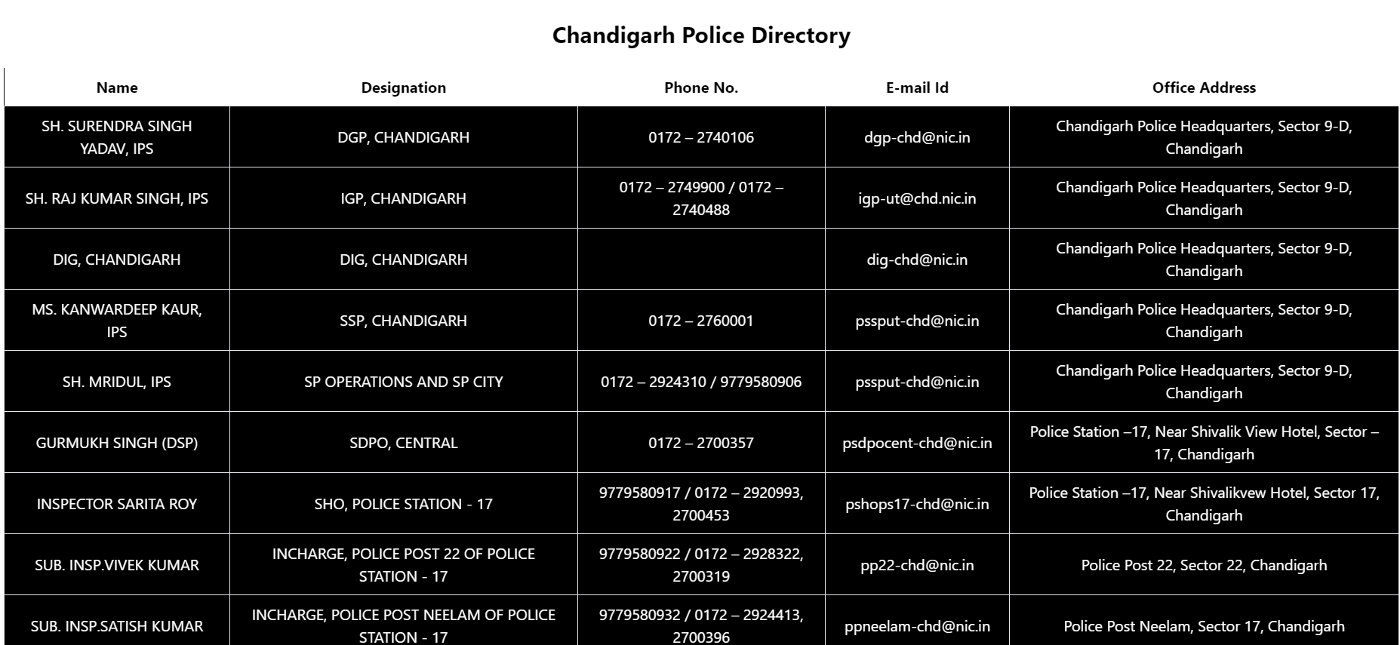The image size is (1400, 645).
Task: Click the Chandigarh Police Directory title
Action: tap(700, 35)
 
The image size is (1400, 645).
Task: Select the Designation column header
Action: tap(403, 88)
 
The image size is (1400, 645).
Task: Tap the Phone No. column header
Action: tap(700, 88)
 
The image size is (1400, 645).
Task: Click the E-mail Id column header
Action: tap(917, 88)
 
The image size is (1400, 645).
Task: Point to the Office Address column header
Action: tap(1204, 88)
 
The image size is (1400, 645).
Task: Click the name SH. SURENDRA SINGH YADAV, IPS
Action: tap(117, 137)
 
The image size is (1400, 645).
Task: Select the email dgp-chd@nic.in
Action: tap(917, 137)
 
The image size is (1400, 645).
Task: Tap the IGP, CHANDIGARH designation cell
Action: tap(403, 198)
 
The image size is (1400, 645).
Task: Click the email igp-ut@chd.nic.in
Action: tap(917, 198)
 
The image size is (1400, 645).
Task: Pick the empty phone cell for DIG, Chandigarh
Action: tap(700, 260)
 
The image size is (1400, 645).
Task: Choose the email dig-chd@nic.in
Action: tap(917, 260)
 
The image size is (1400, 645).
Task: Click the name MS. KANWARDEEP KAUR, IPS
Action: tap(117, 321)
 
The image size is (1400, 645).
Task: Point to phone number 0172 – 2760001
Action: tap(700, 321)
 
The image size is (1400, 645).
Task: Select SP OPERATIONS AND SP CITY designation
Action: tap(403, 382)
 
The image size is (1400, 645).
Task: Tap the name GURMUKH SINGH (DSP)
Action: tap(117, 443)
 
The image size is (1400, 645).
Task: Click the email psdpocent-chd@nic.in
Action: tap(917, 443)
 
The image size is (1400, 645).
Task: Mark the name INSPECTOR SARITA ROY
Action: tap(117, 504)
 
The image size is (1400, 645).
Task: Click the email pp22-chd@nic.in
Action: tap(917, 565)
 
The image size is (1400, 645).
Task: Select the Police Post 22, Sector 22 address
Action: tap(1204, 565)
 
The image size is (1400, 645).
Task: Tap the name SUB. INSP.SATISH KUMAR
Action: tap(117, 626)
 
